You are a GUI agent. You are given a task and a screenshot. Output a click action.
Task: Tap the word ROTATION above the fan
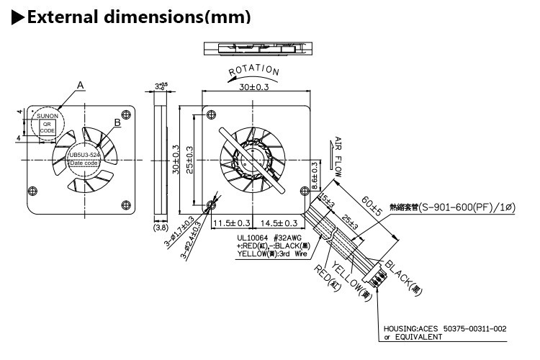254,71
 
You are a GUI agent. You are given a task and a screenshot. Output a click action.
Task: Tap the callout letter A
81,85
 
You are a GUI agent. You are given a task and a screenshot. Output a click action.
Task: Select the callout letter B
117,123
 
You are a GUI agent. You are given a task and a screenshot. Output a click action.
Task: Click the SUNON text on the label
47,114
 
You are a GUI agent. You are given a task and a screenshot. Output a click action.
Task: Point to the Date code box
84,163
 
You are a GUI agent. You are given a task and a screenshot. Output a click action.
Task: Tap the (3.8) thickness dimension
161,228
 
